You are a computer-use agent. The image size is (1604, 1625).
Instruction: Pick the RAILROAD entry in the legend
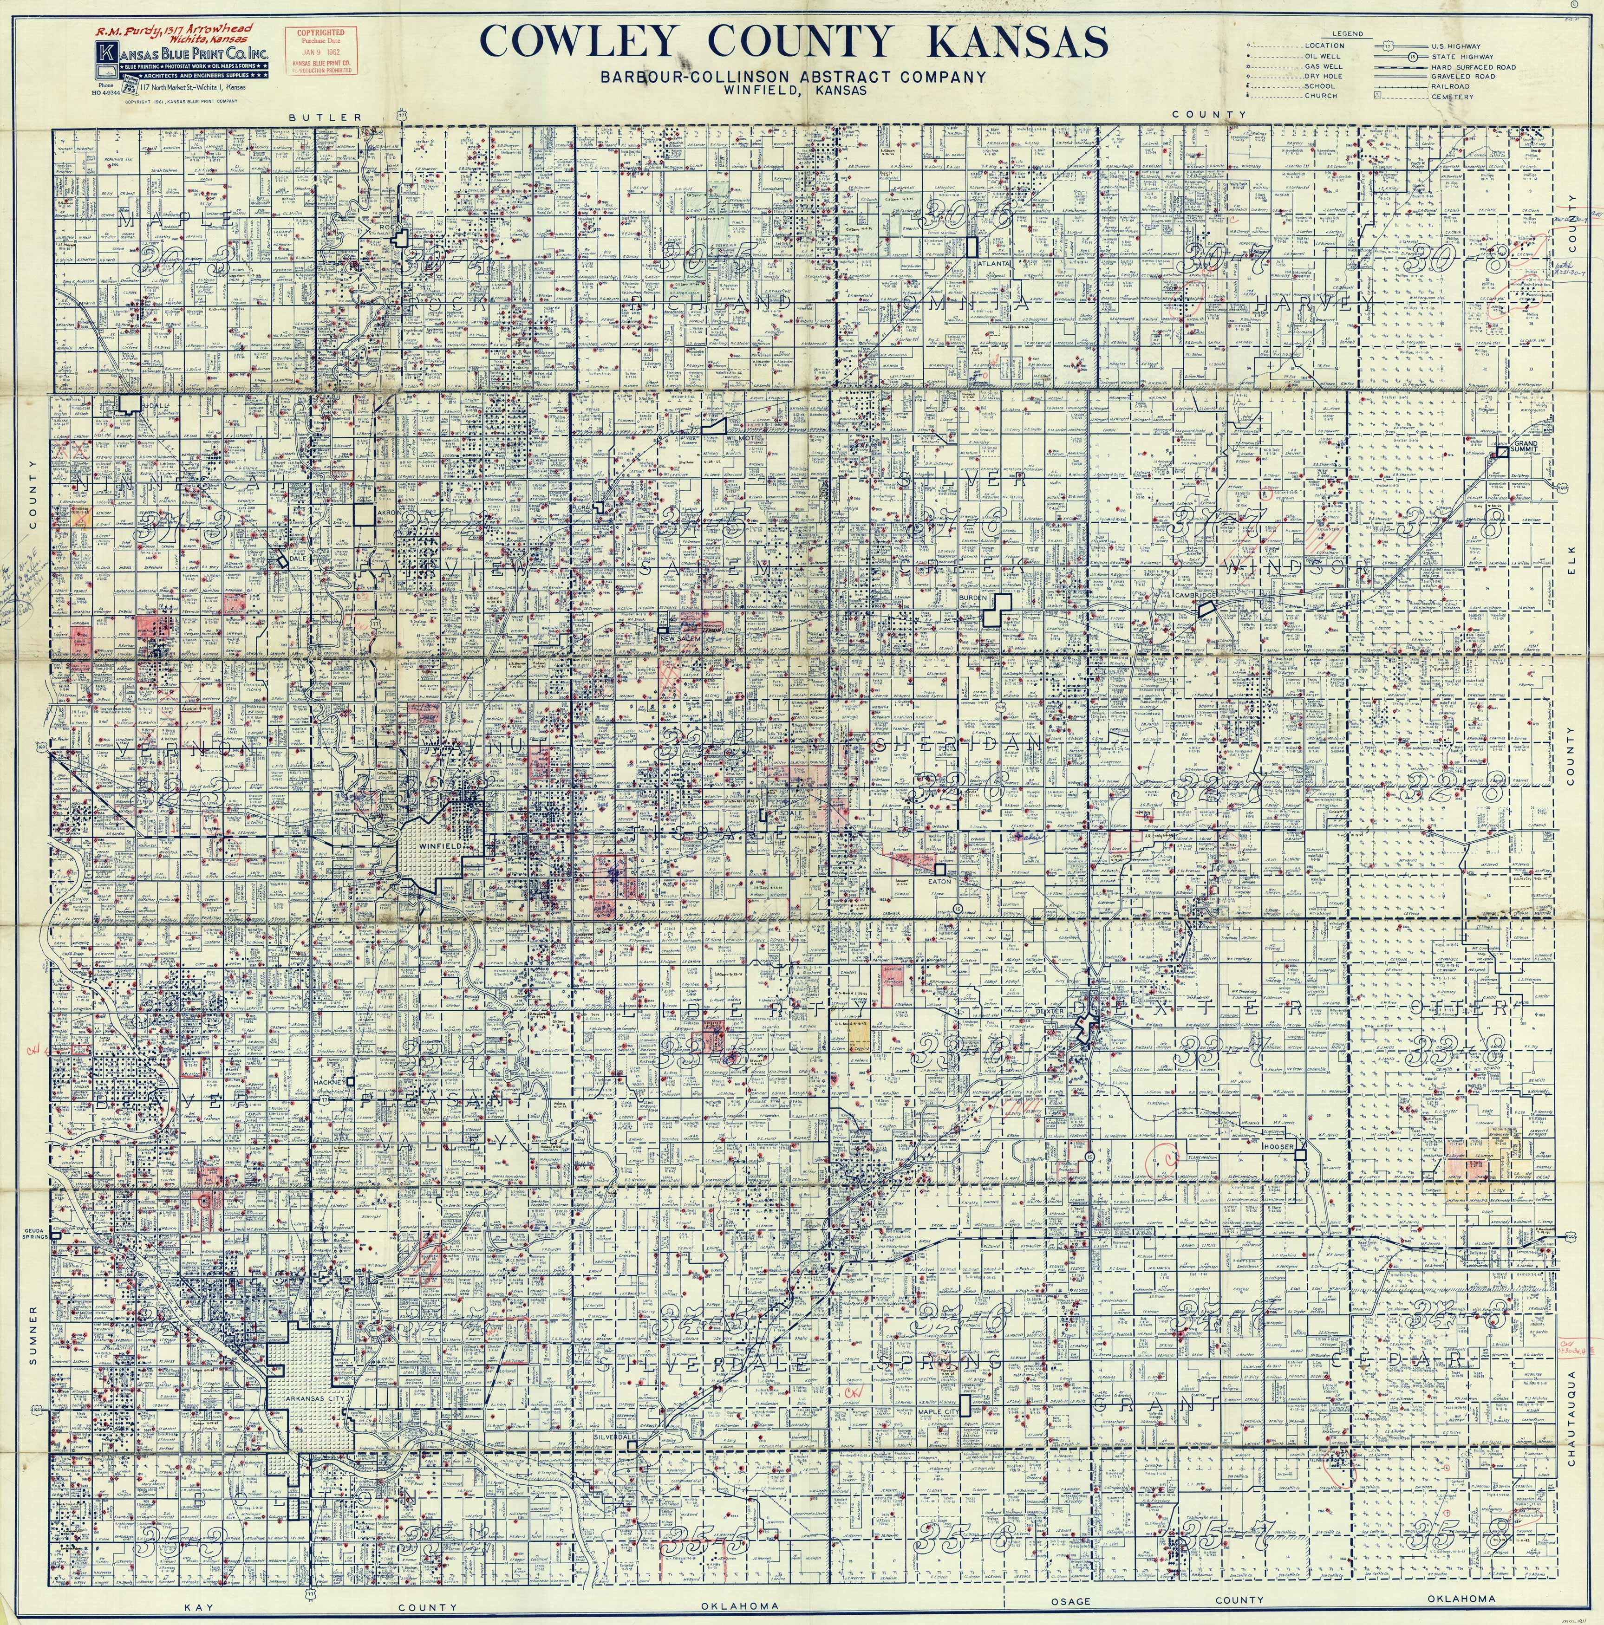tap(1450, 86)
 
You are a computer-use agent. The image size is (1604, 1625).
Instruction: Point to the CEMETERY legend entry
tap(1452, 97)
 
